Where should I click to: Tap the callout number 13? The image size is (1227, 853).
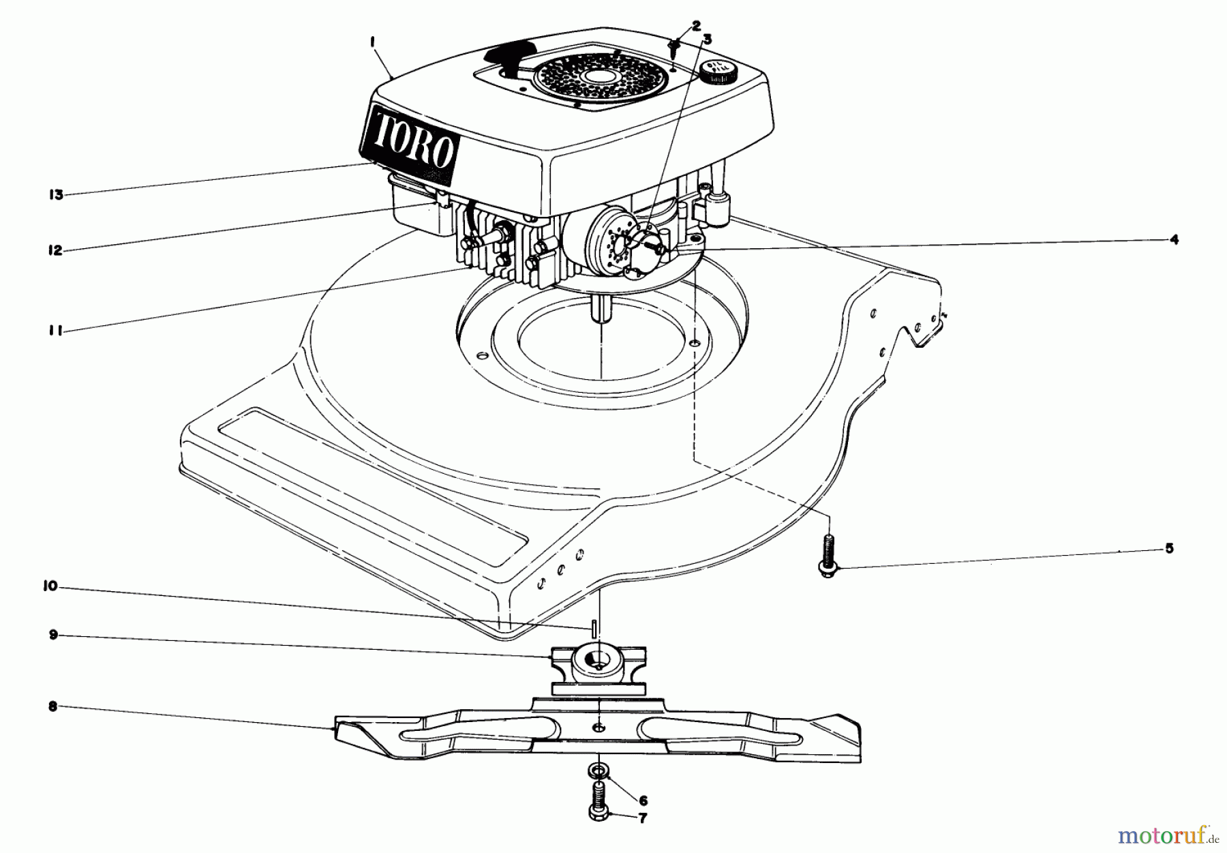click(55, 195)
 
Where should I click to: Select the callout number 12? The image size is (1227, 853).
click(55, 250)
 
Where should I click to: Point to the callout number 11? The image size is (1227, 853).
click(55, 331)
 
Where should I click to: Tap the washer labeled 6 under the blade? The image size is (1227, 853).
click(598, 771)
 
